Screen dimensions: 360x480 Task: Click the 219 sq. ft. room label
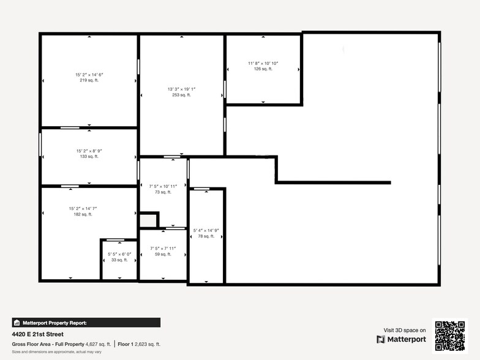pos(89,80)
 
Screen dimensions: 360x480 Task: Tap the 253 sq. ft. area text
pos(181,95)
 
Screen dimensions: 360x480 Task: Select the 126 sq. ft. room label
pos(263,69)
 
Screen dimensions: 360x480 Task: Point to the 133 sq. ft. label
pos(89,157)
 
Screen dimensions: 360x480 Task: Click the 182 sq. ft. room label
pos(83,214)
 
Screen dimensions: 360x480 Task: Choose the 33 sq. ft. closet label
pos(119,260)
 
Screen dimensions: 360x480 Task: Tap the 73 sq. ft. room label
pos(163,192)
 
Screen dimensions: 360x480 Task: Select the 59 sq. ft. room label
pos(163,254)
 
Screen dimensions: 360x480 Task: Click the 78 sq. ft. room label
pos(206,236)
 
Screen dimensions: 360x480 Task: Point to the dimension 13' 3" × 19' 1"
pos(181,89)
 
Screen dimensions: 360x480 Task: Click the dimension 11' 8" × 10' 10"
pos(263,63)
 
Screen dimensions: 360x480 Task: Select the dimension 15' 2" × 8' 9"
pos(89,151)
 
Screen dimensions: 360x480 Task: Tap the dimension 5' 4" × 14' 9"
pos(206,230)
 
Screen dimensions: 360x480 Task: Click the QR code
pos(450,336)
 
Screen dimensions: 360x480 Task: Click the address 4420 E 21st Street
pos(37,334)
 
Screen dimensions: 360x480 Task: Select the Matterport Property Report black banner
pos(86,323)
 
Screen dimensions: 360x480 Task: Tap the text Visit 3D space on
pos(404,330)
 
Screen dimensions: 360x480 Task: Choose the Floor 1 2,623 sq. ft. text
pos(138,344)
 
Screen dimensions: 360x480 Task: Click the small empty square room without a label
pos(148,220)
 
